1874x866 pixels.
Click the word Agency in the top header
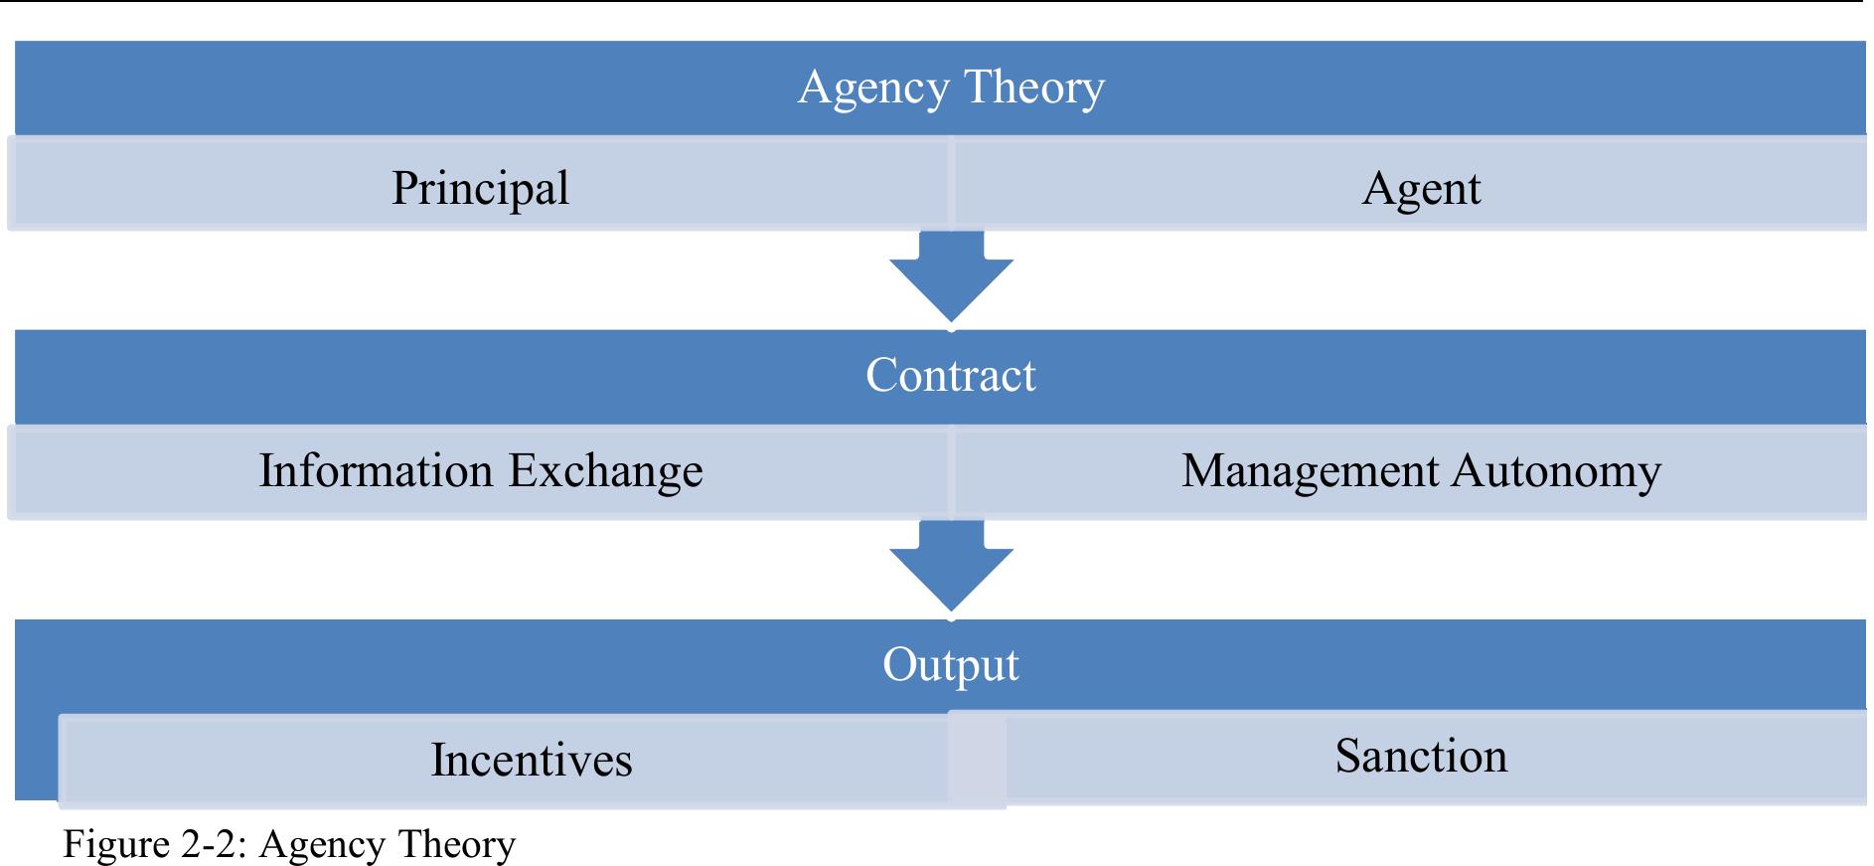pos(873,88)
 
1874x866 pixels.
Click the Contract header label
pos(950,376)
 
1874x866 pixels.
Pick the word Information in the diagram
pos(376,470)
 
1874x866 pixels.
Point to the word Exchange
pos(605,470)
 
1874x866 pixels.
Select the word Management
pos(1310,471)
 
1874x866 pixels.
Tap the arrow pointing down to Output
pos(951,566)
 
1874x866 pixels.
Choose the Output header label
pos(950,665)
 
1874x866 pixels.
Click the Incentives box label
pos(532,760)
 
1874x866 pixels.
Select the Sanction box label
pos(1420,756)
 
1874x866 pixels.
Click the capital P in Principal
pos(403,187)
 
